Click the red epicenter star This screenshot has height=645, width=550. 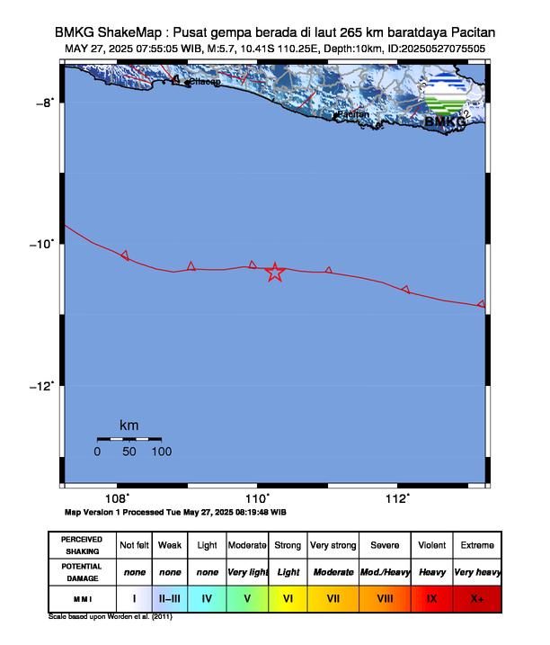[x=275, y=273]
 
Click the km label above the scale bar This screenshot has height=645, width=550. [x=129, y=425]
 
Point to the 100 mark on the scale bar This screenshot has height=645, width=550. [x=161, y=452]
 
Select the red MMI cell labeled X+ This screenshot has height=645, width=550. [x=476, y=597]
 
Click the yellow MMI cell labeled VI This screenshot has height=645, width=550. [x=288, y=597]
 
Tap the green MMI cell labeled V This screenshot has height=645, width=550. [x=246, y=597]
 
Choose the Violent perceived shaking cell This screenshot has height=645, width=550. [x=432, y=545]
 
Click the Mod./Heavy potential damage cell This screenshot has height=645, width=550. [x=385, y=572]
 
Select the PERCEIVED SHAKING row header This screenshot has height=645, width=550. [x=82, y=545]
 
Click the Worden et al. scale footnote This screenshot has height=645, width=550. [x=110, y=618]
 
